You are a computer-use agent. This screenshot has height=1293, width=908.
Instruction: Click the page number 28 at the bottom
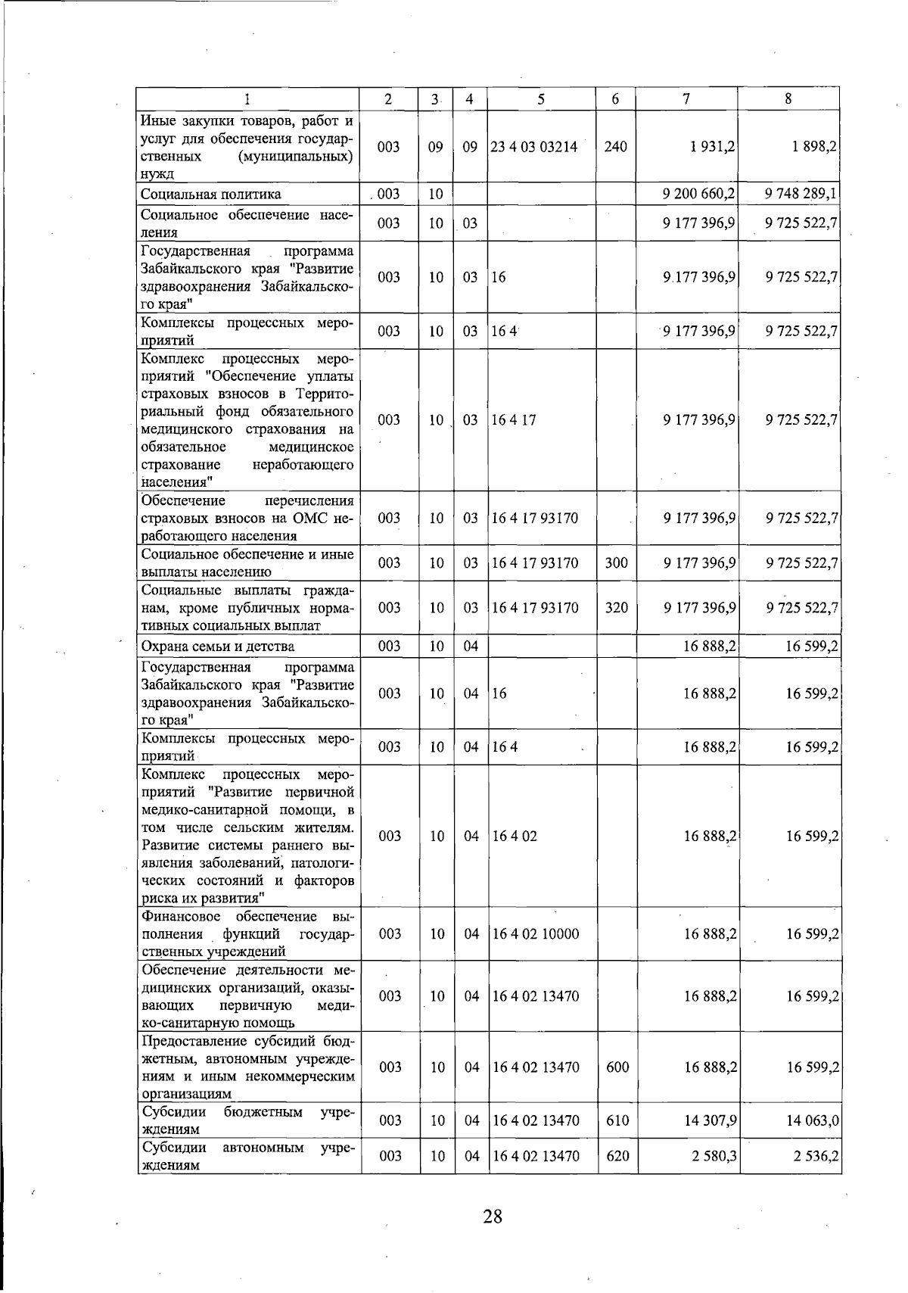coord(493,1217)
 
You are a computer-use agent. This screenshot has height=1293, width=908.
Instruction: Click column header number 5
coord(541,98)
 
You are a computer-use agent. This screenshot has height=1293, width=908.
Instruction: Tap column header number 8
coord(788,98)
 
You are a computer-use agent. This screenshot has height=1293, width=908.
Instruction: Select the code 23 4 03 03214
coord(534,147)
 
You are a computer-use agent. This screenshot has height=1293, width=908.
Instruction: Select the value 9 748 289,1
coord(801,194)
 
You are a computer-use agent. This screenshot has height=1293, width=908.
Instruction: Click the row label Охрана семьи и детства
coord(218,646)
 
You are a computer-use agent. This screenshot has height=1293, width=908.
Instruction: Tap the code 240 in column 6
coord(616,147)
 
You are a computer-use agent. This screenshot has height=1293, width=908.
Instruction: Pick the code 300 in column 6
coord(617,562)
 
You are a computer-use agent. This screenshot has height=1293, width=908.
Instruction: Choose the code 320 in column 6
coord(617,607)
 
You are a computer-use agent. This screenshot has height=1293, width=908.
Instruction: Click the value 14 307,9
coord(711,1120)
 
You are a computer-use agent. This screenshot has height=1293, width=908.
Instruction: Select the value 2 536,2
coord(813,1156)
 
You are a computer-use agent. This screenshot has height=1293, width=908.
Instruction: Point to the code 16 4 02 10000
coord(536,934)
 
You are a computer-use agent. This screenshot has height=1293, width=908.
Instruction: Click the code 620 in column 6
coord(617,1156)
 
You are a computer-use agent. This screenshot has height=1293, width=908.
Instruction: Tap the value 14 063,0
coord(813,1120)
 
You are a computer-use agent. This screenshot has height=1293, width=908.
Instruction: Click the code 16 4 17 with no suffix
coord(514,419)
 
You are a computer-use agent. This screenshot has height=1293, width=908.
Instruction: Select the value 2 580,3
coord(712,1156)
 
